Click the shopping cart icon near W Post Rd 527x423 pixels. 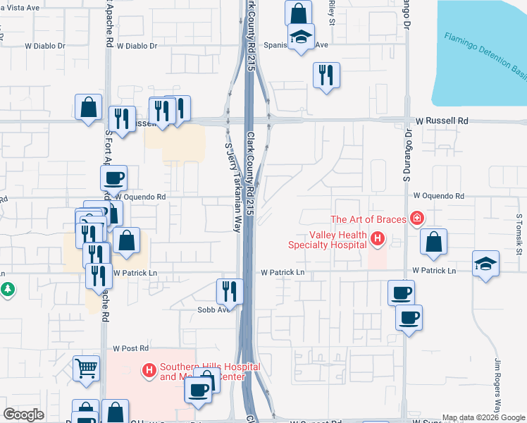[x=86, y=367]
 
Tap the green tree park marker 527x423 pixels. [x=7, y=289]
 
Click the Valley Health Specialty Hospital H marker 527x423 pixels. [x=378, y=240]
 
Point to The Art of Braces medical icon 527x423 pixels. [x=417, y=219]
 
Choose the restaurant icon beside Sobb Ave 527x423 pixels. [x=229, y=290]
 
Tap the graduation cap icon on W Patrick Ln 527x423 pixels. [x=485, y=263]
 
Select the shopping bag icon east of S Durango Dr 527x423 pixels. [x=434, y=242]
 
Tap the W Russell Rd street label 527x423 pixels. [x=441, y=121]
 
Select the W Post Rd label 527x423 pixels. [x=131, y=348]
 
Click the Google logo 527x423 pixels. [x=24, y=415]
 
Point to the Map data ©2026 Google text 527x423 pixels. [x=483, y=417]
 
